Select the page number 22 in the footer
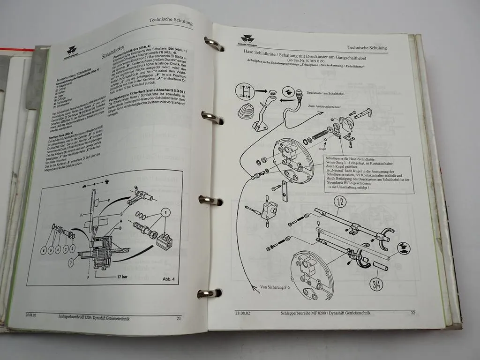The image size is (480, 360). tap(413, 313)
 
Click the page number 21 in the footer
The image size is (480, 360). tap(178, 319)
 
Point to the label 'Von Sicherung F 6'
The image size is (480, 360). tap(275, 286)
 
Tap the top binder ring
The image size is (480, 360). tap(213, 44)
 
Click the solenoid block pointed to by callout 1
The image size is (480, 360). tap(164, 241)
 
